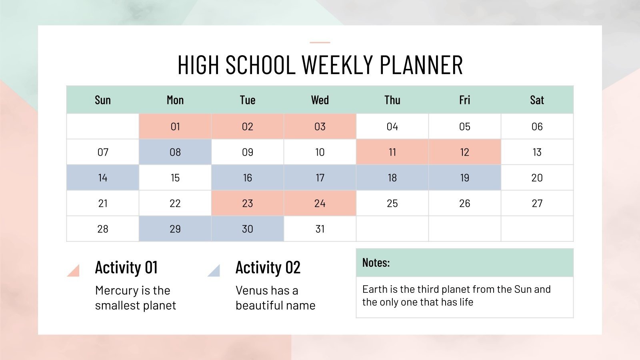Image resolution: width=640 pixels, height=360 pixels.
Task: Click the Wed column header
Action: [x=320, y=100]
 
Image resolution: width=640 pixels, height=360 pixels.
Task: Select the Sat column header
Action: [x=537, y=100]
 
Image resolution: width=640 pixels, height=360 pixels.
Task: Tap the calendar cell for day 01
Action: [x=175, y=126]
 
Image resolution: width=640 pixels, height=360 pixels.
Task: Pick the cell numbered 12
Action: [x=464, y=152]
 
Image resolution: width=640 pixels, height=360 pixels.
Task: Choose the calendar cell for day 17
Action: [x=320, y=178]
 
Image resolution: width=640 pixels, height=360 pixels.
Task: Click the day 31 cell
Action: [x=320, y=229]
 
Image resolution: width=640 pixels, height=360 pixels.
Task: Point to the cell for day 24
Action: [x=320, y=203]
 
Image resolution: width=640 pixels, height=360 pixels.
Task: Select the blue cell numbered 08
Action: [x=175, y=152]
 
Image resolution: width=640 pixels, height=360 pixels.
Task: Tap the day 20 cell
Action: [x=537, y=178]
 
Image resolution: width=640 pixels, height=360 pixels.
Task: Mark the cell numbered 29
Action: [x=175, y=229]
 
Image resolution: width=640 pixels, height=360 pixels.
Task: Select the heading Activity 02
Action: [x=268, y=268]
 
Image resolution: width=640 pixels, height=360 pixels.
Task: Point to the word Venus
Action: [x=251, y=290]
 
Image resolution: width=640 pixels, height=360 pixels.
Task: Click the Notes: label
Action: [x=376, y=263]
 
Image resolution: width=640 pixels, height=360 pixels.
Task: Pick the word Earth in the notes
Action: [x=375, y=289]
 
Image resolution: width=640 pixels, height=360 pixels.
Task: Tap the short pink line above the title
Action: [x=320, y=42]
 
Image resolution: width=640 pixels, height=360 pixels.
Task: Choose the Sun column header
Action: [x=103, y=100]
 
